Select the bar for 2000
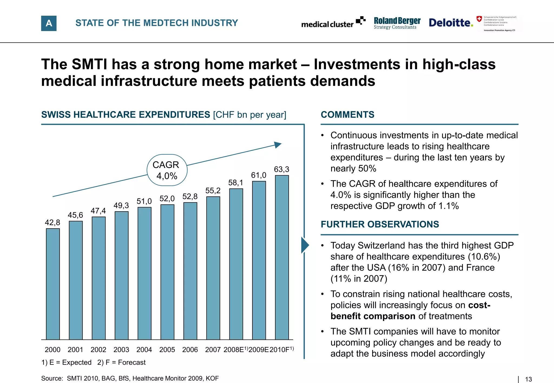point(53,284)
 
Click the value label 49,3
point(121,206)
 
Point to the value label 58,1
point(236,183)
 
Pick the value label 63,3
point(282,169)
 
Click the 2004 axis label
point(144,350)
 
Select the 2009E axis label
point(259,350)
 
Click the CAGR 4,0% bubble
point(167,170)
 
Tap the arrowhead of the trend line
point(278,145)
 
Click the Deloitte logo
point(451,23)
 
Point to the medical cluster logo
point(333,23)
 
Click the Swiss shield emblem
point(479,19)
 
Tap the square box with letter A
point(49,23)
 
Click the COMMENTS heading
point(347,115)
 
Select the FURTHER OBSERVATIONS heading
point(380,224)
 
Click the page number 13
point(528,379)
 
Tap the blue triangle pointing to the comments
point(305,245)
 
